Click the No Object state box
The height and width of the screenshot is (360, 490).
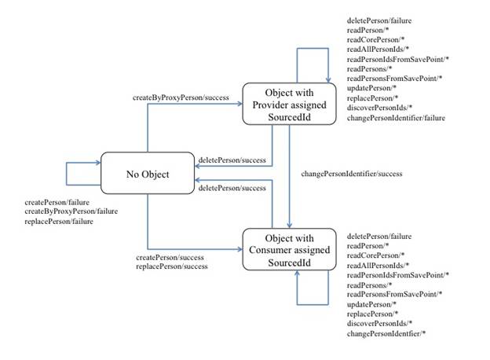[x=148, y=173]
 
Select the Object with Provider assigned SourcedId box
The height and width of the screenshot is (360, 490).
[x=290, y=104]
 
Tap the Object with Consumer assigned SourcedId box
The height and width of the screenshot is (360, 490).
[x=290, y=249]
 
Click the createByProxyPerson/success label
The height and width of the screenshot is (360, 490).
[x=181, y=97]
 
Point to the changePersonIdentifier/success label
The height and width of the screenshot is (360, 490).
[x=352, y=174]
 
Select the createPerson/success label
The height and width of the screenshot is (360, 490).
[x=170, y=257]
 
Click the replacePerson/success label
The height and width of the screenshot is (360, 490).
[x=172, y=266]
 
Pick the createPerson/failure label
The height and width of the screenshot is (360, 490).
[x=57, y=202]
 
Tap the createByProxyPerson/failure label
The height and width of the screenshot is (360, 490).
[x=71, y=211]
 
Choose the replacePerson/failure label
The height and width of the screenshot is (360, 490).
[x=59, y=222]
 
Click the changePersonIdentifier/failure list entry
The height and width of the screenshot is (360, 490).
[x=396, y=118]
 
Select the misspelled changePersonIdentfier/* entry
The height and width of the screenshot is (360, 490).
[x=386, y=334]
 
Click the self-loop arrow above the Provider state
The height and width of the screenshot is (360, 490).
[x=313, y=49]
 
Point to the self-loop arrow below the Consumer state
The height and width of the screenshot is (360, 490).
[x=313, y=304]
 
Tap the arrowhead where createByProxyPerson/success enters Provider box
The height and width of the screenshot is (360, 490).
[x=240, y=104]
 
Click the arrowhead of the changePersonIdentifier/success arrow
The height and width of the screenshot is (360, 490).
[x=290, y=226]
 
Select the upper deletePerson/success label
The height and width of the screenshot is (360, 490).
[x=232, y=160]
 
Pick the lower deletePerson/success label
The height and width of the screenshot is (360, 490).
[x=232, y=188]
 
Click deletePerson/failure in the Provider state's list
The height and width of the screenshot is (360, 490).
[x=379, y=20]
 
